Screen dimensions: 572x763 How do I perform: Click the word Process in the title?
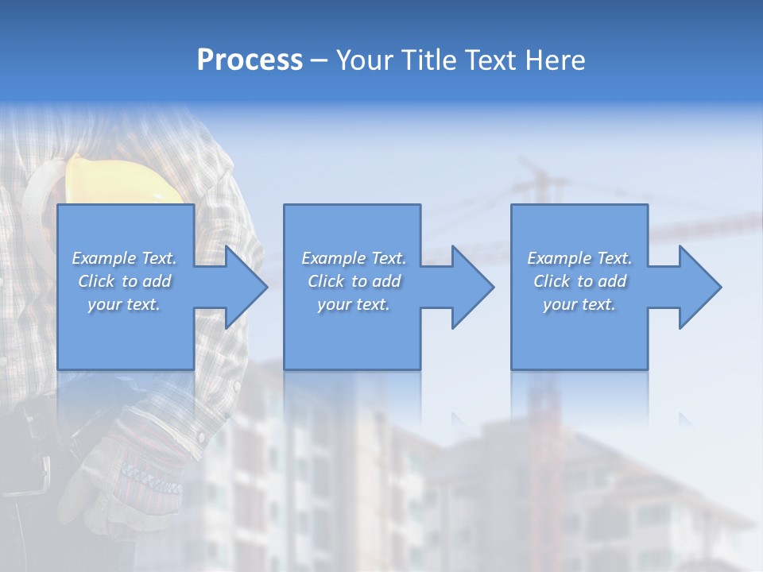pos(250,60)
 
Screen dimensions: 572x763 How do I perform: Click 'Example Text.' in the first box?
pos(124,258)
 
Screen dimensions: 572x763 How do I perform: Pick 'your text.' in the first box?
pos(124,304)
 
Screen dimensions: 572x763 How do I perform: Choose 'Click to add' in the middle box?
pos(354,281)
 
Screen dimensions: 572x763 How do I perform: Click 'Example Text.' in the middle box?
pos(354,258)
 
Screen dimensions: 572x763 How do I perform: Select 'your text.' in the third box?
pos(579,304)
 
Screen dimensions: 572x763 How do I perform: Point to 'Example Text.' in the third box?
pos(579,258)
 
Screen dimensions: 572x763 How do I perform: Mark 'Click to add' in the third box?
pos(579,281)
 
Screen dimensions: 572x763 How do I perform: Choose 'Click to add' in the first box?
pos(124,281)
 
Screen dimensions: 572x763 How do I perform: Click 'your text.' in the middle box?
pos(354,304)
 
